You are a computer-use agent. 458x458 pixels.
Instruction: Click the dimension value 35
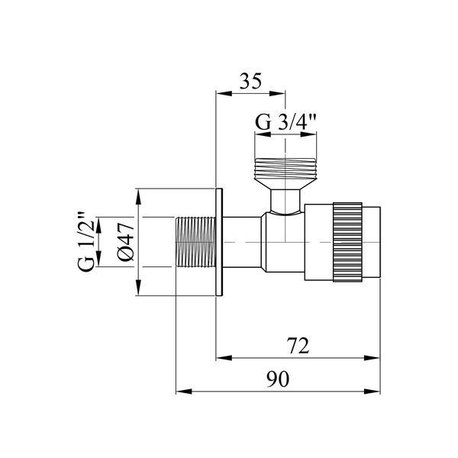click(x=250, y=81)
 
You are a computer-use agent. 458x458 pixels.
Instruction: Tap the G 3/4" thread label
click(x=285, y=122)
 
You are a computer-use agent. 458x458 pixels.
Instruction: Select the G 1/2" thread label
click(x=86, y=241)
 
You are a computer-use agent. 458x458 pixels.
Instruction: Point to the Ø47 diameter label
click(x=126, y=241)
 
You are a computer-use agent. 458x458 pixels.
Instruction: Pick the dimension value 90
click(x=278, y=379)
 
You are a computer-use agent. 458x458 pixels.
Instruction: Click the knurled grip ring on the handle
click(x=347, y=242)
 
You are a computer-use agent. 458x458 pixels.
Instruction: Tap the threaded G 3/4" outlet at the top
click(x=285, y=169)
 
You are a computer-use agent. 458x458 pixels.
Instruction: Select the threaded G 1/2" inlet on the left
click(x=195, y=242)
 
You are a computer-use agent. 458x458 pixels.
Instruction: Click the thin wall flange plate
click(x=219, y=242)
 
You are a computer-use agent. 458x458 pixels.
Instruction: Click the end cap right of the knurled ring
click(x=371, y=242)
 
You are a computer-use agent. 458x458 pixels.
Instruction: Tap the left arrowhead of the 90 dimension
click(x=184, y=392)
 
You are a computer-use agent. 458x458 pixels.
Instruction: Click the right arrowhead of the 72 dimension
click(x=373, y=358)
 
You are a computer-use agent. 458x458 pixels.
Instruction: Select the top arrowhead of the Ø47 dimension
click(x=138, y=197)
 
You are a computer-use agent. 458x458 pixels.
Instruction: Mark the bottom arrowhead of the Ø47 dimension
click(x=138, y=288)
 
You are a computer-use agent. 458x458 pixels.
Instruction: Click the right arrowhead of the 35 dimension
click(x=277, y=93)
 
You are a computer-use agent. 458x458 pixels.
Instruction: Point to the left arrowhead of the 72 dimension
click(x=224, y=358)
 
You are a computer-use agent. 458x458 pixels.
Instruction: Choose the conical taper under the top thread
click(x=285, y=184)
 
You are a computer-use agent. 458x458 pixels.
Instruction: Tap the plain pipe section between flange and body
click(x=242, y=242)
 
